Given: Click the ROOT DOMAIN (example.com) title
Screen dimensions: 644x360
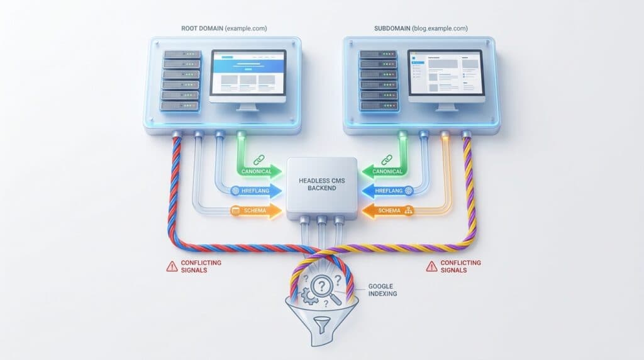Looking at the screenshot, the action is (x=224, y=28).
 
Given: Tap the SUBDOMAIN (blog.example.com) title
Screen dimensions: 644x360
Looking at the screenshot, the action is (x=421, y=28).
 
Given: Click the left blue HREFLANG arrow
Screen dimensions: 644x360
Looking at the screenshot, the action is (x=257, y=191).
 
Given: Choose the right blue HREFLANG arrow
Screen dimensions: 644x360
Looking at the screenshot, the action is (x=387, y=191).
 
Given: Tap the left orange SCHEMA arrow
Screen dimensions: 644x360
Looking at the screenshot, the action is (x=257, y=210).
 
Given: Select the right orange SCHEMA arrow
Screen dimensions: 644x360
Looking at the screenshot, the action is (x=387, y=210).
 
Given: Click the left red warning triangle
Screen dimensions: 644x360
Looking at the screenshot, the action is (x=172, y=267).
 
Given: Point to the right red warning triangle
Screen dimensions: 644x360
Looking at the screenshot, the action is (x=431, y=267).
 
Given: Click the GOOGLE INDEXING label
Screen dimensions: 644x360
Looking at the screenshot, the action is (x=382, y=290).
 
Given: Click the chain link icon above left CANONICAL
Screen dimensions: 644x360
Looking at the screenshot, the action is (x=259, y=159).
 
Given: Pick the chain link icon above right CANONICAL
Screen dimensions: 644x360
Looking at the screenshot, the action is (x=387, y=159).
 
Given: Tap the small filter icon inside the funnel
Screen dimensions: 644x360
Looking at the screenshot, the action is (x=321, y=324).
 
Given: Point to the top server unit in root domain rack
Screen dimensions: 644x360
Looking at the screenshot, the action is (x=182, y=54).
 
